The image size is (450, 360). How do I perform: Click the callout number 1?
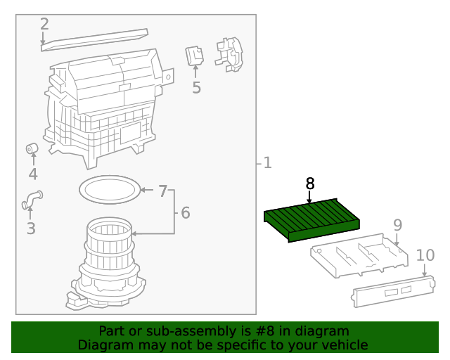[267, 163]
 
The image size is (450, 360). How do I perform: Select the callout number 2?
[44, 24]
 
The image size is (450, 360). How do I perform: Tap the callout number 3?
[30, 229]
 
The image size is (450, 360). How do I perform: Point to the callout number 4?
[33, 174]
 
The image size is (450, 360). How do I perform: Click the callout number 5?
[196, 88]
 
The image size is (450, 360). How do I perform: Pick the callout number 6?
[185, 212]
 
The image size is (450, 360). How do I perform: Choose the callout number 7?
[162, 191]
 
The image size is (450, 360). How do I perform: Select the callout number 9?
[397, 225]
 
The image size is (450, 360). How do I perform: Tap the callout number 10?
[425, 255]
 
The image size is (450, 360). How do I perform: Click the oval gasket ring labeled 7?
[108, 189]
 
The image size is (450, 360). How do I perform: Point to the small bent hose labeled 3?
[32, 200]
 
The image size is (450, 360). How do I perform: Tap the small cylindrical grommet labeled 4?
[32, 148]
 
